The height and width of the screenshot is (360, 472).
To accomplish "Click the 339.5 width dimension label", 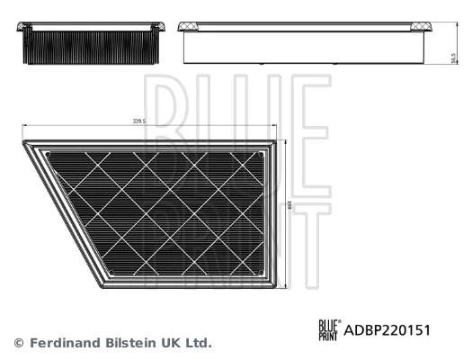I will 140,121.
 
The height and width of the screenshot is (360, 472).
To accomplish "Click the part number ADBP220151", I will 388,330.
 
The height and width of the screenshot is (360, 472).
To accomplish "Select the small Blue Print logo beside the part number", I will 328,330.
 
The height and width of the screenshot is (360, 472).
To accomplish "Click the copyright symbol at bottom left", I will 18,343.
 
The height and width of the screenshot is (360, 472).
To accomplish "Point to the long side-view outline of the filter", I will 306,45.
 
